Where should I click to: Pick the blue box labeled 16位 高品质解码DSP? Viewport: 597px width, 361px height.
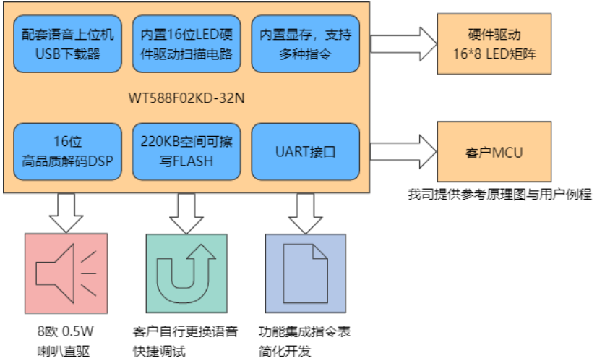67,151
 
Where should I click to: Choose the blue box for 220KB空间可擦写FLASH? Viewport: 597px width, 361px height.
186,151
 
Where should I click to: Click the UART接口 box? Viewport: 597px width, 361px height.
304,151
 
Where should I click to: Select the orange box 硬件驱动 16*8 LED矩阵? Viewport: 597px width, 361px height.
489,43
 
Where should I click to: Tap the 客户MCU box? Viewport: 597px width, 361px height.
489,152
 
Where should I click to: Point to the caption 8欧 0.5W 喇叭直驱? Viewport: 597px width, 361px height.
66,341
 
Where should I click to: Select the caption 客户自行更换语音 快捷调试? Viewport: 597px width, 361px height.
186,341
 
